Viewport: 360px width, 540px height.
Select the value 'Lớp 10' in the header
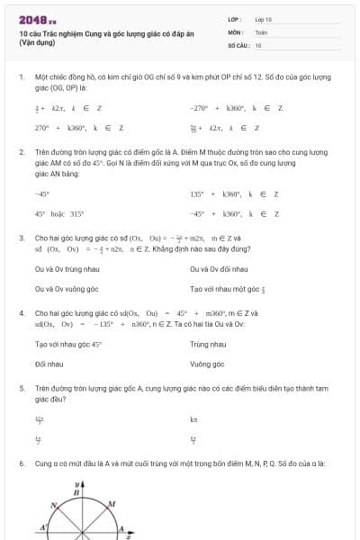pyautogui.click(x=263, y=18)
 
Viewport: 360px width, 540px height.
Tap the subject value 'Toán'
pyautogui.click(x=260, y=31)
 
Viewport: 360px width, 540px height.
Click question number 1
pyautogui.click(x=21, y=78)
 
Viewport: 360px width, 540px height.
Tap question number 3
pyautogui.click(x=21, y=237)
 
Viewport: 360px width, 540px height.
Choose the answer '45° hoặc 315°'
pyautogui.click(x=59, y=214)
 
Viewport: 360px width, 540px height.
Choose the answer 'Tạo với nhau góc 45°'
pyautogui.click(x=68, y=344)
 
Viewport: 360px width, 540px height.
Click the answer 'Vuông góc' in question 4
pyautogui.click(x=207, y=364)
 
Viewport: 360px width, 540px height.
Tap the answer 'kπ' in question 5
pyautogui.click(x=193, y=419)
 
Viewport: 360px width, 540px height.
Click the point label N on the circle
pyautogui.click(x=54, y=505)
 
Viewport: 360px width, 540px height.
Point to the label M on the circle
pyautogui.click(x=111, y=503)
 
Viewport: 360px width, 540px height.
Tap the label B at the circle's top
pyautogui.click(x=76, y=493)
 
